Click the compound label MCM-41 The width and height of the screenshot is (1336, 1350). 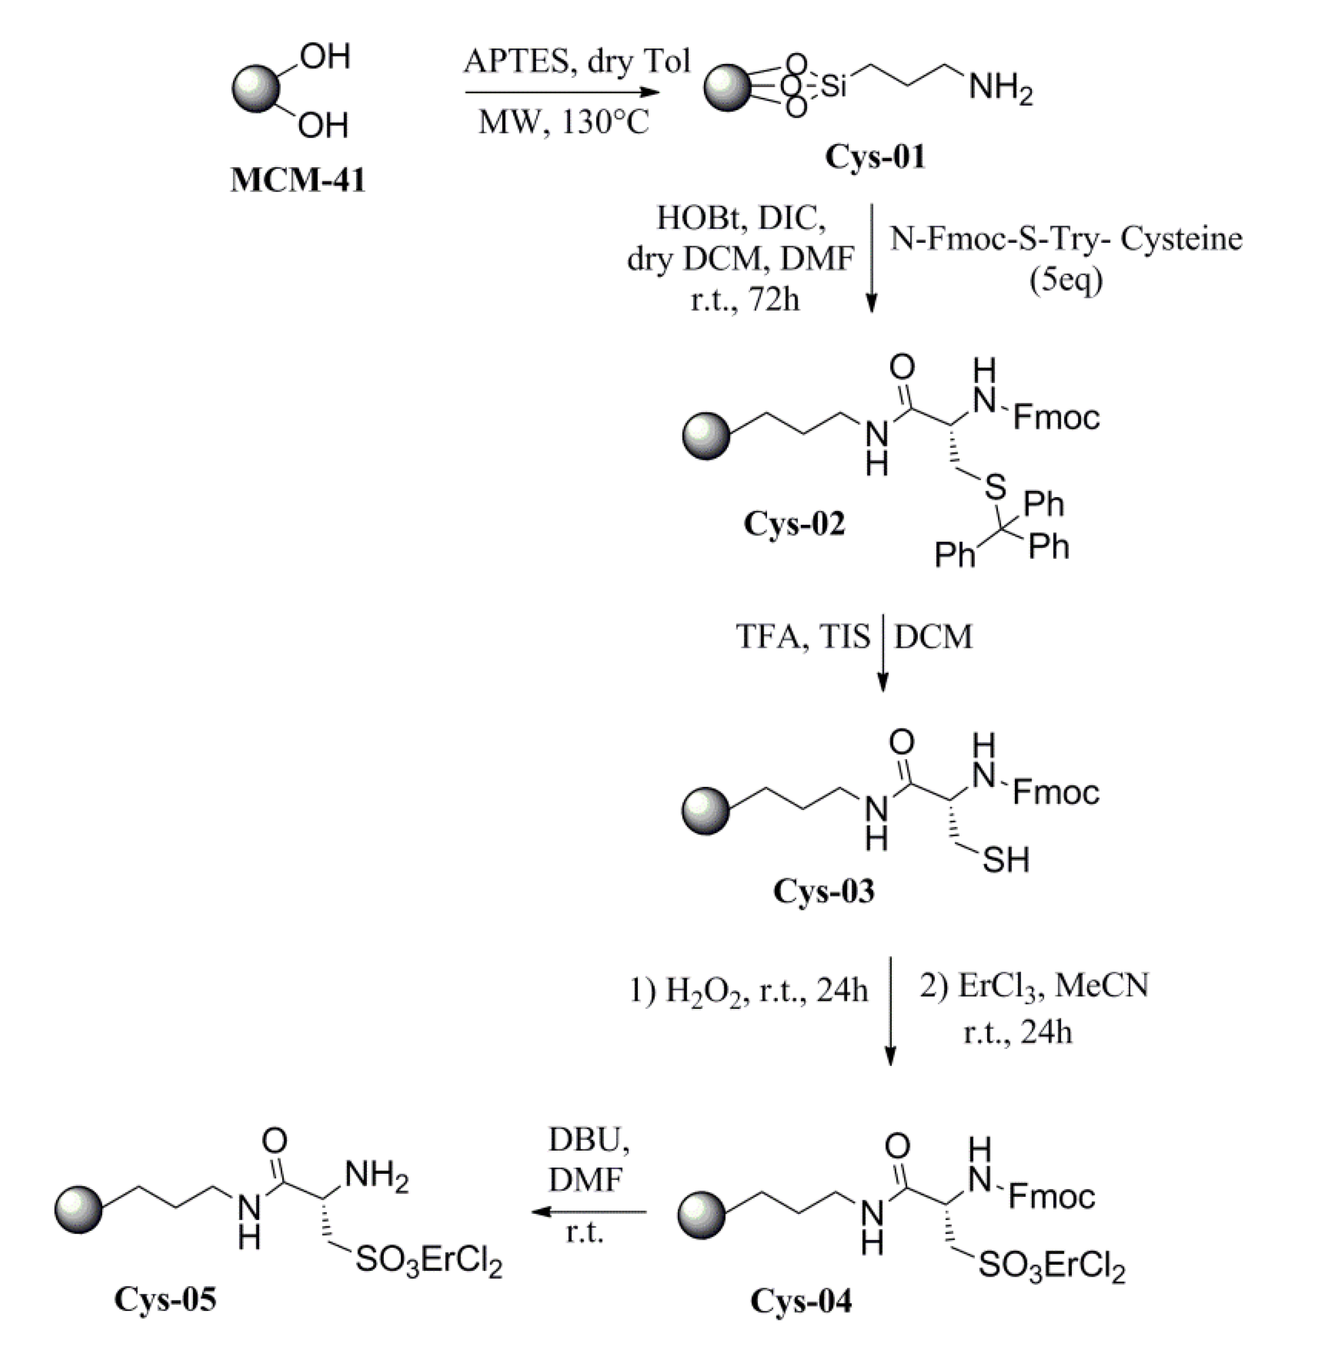point(298,180)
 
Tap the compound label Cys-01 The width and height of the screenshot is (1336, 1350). point(874,156)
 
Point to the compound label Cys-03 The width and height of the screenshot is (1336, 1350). point(823,891)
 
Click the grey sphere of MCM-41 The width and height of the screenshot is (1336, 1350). point(256,89)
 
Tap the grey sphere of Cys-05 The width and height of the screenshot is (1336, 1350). point(78,1209)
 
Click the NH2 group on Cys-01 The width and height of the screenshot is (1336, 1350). point(1000,89)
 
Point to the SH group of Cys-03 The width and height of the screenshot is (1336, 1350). point(1006,860)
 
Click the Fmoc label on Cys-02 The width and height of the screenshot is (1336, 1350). point(1056,418)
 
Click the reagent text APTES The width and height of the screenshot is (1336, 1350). point(516,62)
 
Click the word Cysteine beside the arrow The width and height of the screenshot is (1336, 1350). point(1182,239)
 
